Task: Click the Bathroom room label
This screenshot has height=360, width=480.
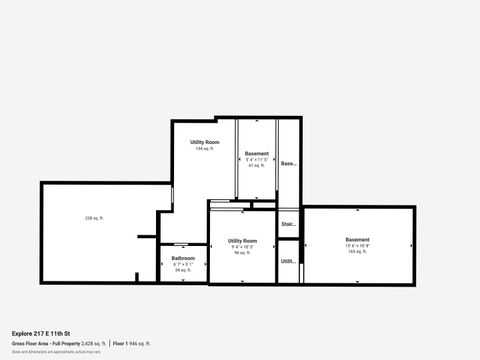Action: pos(183,258)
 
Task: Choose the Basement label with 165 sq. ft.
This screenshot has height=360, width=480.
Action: pos(357,240)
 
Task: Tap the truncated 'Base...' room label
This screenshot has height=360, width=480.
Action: pos(288,163)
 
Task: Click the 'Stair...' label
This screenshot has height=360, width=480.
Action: pos(288,224)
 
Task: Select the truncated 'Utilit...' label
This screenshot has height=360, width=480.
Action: pos(288,261)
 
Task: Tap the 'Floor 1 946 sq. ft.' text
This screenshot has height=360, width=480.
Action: pos(131,343)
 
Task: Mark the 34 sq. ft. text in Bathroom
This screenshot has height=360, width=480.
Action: pos(183,270)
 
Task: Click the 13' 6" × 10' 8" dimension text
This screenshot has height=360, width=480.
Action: pos(357,246)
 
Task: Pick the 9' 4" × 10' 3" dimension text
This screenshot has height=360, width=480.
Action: pos(242,247)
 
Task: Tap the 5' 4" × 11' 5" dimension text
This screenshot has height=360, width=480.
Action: pos(256,159)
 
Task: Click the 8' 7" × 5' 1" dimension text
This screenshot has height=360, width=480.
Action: pos(183,264)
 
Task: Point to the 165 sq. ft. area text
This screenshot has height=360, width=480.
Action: pos(357,252)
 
